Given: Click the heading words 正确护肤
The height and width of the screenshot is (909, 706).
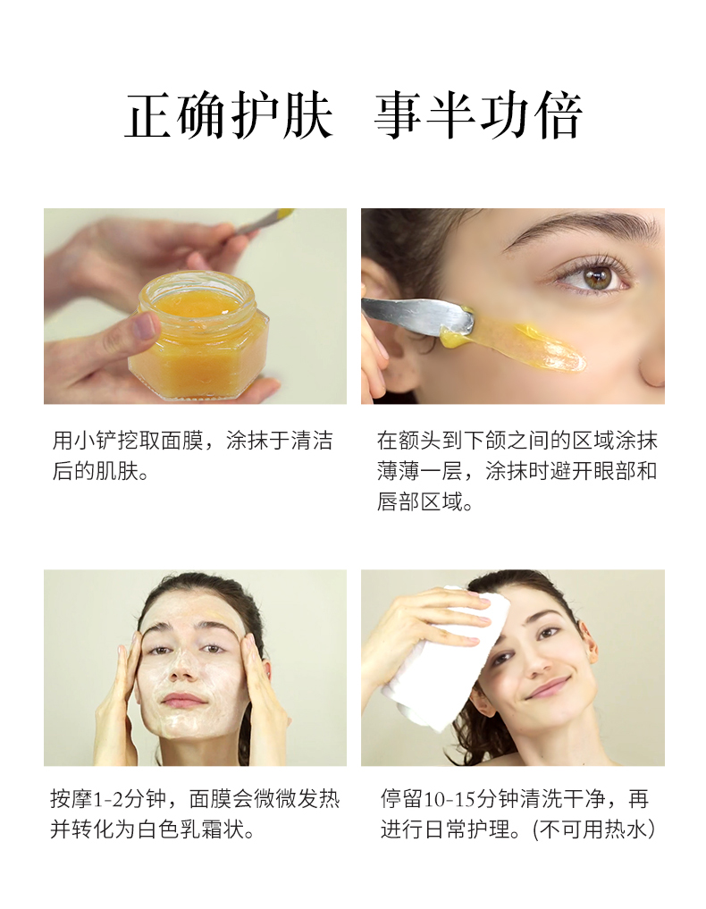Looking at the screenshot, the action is (229, 115).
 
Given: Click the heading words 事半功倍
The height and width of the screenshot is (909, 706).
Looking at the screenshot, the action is (478, 115).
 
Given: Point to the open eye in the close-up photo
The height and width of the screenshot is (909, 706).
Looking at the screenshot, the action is (592, 276).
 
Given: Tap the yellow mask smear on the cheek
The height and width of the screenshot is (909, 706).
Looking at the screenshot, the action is (516, 344).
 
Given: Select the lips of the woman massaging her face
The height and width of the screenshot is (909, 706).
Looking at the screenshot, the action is (184, 700).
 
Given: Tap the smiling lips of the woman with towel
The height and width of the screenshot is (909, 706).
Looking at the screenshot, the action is (549, 688).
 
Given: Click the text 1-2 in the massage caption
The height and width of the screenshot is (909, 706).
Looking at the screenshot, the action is (108, 799).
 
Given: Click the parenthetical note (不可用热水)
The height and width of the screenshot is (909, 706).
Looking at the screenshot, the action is (594, 829).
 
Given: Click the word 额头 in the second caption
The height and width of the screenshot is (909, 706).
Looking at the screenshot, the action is (420, 441).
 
